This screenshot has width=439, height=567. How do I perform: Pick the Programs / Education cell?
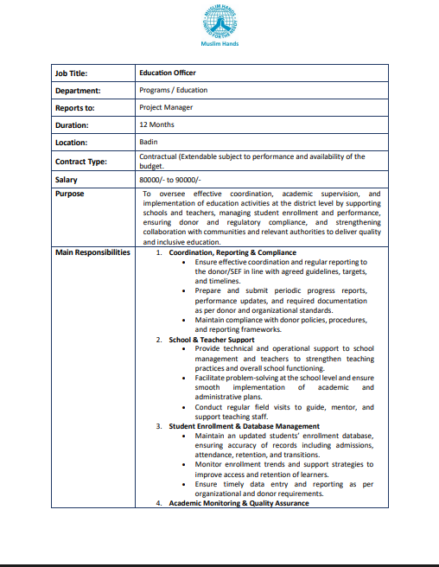pyautogui.click(x=173, y=90)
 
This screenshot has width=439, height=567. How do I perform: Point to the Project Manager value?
pyautogui.click(x=166, y=107)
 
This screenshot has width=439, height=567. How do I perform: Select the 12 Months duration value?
pyautogui.click(x=156, y=124)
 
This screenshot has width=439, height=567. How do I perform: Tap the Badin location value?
pyautogui.click(x=148, y=142)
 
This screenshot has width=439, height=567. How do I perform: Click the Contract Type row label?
pyautogui.click(x=81, y=161)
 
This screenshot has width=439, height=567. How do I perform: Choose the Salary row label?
pyautogui.click(x=67, y=180)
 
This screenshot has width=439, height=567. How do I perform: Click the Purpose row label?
pyautogui.click(x=70, y=194)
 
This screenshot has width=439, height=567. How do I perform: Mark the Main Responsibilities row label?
pyautogui.click(x=92, y=252)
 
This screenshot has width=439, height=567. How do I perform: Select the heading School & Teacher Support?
pyautogui.click(x=211, y=340)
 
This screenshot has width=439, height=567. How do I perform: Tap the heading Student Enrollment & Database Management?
pyautogui.click(x=244, y=426)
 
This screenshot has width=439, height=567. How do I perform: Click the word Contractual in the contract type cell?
pyautogui.click(x=158, y=156)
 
